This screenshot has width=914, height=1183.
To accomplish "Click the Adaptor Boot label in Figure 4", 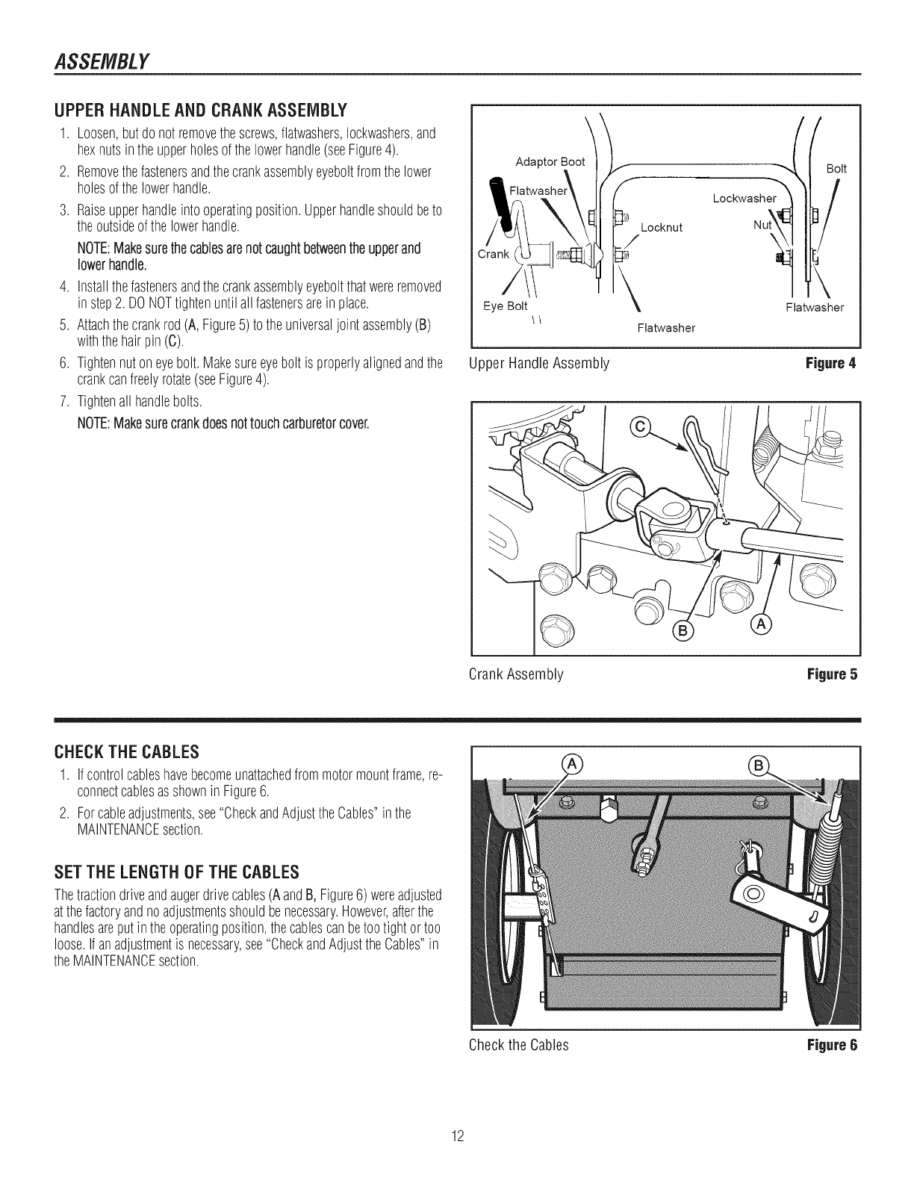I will (550, 162).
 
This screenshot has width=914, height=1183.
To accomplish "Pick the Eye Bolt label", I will (505, 305).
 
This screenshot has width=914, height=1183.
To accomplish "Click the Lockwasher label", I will (744, 198).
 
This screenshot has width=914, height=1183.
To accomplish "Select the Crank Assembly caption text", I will (515, 674).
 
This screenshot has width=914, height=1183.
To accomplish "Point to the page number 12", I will (458, 1137).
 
